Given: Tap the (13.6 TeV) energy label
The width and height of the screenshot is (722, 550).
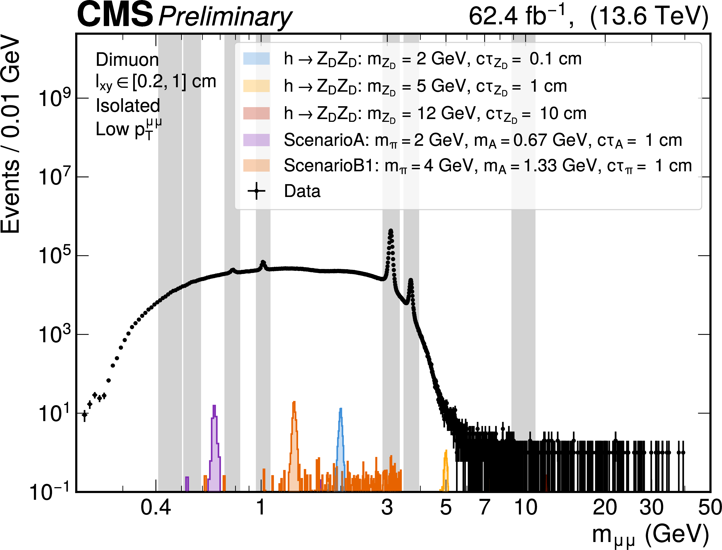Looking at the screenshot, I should click(649, 16).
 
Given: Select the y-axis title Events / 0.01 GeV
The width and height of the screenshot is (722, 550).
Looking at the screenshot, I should click(10, 134).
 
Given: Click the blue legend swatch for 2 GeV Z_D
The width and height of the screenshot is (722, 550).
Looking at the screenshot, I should click(256, 59).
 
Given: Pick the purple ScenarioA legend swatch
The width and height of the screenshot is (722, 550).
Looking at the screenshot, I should click(256, 140).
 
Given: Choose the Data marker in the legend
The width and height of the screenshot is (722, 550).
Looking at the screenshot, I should click(256, 191).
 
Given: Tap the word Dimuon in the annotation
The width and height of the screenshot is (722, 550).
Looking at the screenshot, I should click(127, 60).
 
